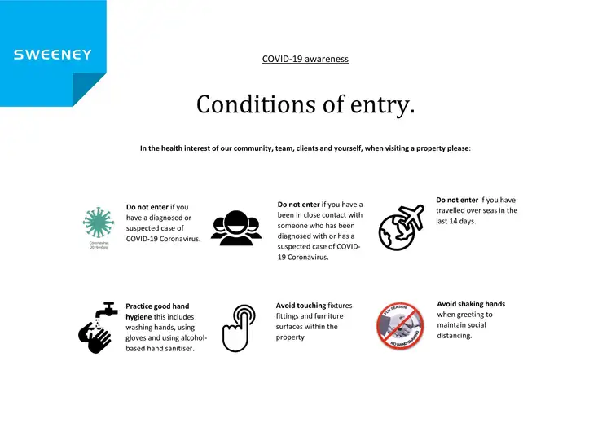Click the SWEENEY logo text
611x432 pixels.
(x=53, y=55)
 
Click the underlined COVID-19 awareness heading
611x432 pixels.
(x=305, y=59)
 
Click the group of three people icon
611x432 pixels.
(x=236, y=227)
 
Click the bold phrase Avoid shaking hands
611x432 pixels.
(x=471, y=304)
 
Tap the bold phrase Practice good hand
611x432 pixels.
(x=157, y=306)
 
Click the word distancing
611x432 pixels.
(x=454, y=336)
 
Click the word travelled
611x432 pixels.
(x=455, y=210)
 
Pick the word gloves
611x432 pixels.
(x=138, y=338)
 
